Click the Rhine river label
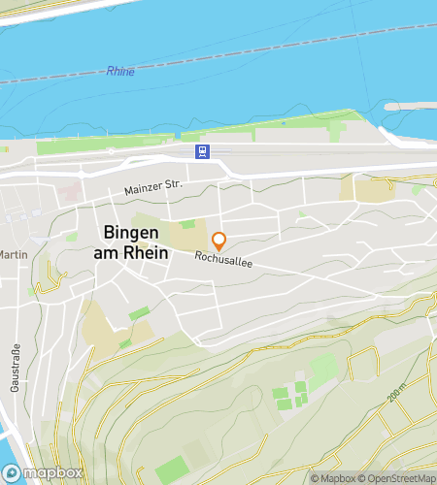pyautogui.click(x=121, y=72)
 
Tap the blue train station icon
pyautogui.click(x=201, y=150)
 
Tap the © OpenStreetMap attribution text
pyautogui.click(x=398, y=477)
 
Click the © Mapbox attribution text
pyautogui.click(x=333, y=477)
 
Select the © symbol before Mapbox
pyautogui.click(x=315, y=477)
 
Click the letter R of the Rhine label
pyautogui.click(x=110, y=73)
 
